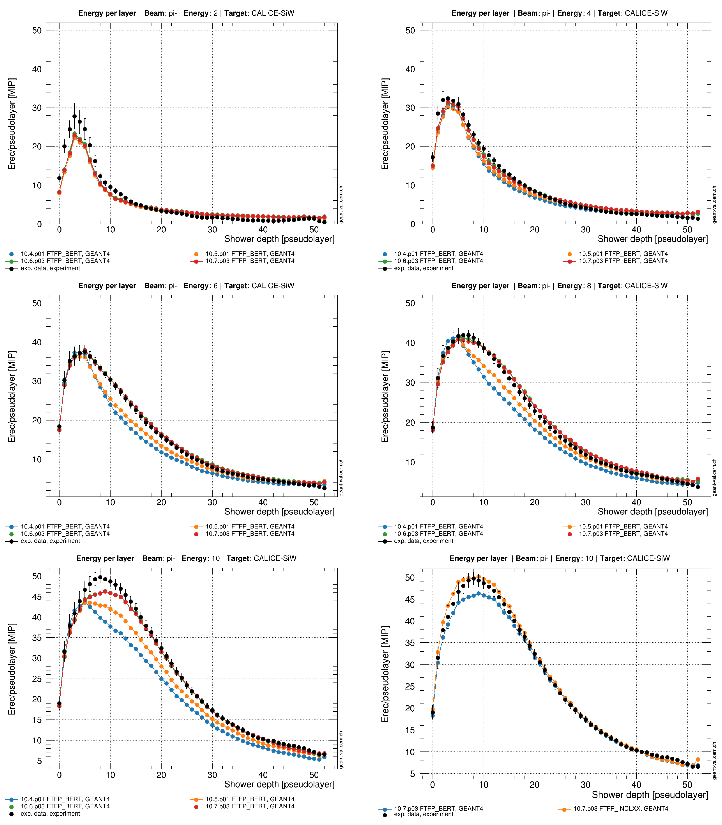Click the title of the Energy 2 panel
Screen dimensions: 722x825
point(186,13)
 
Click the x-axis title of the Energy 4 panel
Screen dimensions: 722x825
point(653,239)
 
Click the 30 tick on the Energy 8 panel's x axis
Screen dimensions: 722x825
point(585,502)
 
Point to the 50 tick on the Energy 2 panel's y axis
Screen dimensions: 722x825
point(37,31)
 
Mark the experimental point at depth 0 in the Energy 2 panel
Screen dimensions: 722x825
point(59,178)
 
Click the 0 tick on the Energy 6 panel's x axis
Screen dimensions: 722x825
point(59,502)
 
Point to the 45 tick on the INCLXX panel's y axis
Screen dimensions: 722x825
point(410,599)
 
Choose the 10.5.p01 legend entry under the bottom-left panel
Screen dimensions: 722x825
point(242,799)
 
